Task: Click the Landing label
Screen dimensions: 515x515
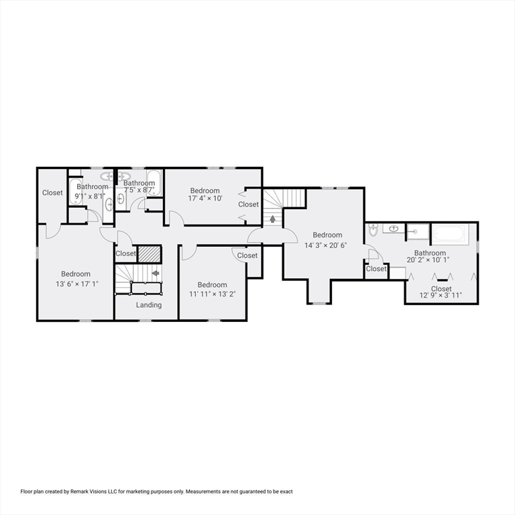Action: pyautogui.click(x=149, y=305)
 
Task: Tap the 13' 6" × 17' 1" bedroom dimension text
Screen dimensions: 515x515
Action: pyautogui.click(x=76, y=284)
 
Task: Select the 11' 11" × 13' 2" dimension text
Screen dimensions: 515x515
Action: pyautogui.click(x=212, y=294)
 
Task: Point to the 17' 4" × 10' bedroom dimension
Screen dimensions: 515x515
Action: pyautogui.click(x=205, y=200)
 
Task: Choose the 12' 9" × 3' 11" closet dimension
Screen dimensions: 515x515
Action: pyautogui.click(x=441, y=295)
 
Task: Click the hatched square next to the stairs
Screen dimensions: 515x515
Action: pyautogui.click(x=150, y=254)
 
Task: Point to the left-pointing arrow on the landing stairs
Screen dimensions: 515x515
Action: pyautogui.click(x=156, y=273)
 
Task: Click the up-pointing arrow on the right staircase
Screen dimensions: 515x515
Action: pyautogui.click(x=272, y=218)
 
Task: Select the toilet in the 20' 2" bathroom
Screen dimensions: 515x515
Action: pyautogui.click(x=373, y=231)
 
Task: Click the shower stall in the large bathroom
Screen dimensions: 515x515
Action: pyautogui.click(x=418, y=231)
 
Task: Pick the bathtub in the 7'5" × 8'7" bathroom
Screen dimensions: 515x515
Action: pyautogui.click(x=154, y=182)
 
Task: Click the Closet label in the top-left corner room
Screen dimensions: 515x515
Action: pyautogui.click(x=52, y=193)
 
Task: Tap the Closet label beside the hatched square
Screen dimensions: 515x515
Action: pyautogui.click(x=125, y=253)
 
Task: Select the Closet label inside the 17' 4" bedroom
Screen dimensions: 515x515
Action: pyautogui.click(x=248, y=205)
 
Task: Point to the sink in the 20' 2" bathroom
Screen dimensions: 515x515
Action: pyautogui.click(x=394, y=229)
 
